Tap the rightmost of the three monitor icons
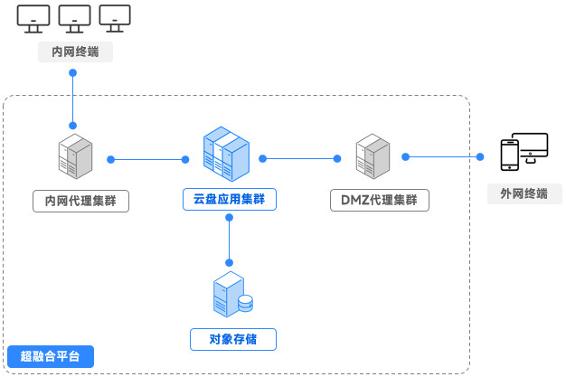point(115,19)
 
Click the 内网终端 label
point(76,52)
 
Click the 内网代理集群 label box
point(80,200)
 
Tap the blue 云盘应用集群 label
point(230,200)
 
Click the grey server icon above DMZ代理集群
point(373,156)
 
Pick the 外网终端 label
point(524,193)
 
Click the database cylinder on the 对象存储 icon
point(245,304)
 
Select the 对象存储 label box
point(232,340)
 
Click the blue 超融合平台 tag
point(50,356)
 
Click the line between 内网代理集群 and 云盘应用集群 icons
point(147,160)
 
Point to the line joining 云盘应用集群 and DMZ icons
point(299,158)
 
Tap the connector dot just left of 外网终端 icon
point(478,157)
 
